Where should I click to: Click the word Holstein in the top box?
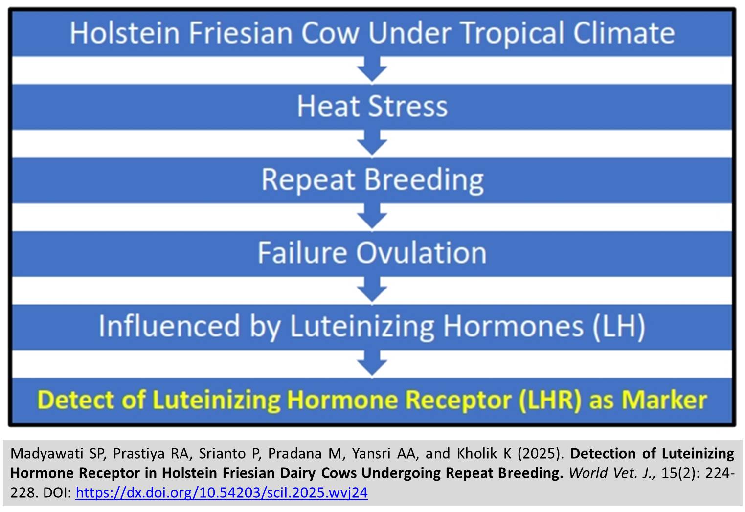pos(125,33)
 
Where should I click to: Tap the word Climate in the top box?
pos(624,33)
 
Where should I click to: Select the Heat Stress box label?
pos(372,107)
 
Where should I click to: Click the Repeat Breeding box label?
pos(372,180)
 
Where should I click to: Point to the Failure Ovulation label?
pos(372,253)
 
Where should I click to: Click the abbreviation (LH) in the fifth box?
pos(619,327)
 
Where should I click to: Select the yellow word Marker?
pos(664,400)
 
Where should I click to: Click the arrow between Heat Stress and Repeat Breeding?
pos(372,143)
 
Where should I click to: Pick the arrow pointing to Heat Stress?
pos(372,69)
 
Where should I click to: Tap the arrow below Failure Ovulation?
pos(372,289)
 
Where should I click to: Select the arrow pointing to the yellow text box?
pos(372,363)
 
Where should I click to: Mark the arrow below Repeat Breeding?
pos(372,217)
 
